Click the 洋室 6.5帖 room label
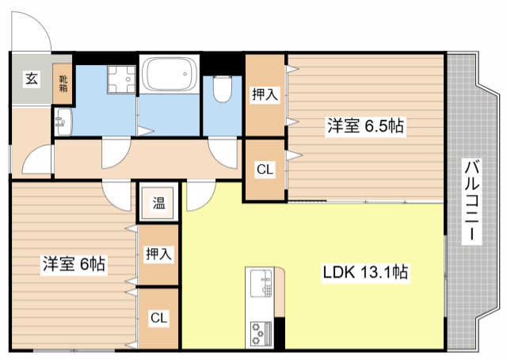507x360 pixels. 365,126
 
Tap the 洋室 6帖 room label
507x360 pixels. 75,263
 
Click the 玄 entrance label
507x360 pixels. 30,79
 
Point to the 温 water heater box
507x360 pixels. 158,202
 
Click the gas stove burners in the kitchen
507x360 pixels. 260,334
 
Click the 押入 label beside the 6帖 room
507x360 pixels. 158,255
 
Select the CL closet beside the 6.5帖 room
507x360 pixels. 265,169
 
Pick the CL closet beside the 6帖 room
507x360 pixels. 158,318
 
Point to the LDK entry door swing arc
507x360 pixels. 200,197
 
